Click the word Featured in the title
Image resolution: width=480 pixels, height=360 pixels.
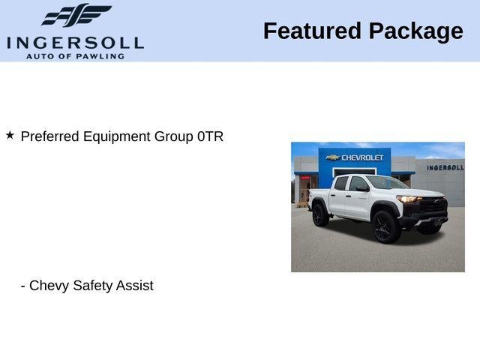coord(312,31)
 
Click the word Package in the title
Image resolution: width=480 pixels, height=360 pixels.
coord(416,31)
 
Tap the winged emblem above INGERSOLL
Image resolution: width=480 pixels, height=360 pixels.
coord(76,15)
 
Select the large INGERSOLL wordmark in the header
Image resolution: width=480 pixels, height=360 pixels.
coord(75,43)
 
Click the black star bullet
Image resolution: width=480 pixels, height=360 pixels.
coord(10,135)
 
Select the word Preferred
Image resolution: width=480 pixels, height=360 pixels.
coord(50,136)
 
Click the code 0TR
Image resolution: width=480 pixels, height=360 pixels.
coord(210,136)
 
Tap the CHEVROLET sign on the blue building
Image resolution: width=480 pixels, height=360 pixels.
coord(362,157)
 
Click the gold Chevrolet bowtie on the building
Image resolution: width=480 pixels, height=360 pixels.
coord(333,157)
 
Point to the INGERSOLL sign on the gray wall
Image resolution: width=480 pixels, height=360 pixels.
coord(445,167)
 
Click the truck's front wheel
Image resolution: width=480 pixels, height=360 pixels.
coord(385,226)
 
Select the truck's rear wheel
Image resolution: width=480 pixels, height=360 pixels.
coord(320,215)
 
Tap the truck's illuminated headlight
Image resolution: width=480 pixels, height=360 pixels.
coord(408,199)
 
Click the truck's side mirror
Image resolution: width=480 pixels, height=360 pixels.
coord(362,189)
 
